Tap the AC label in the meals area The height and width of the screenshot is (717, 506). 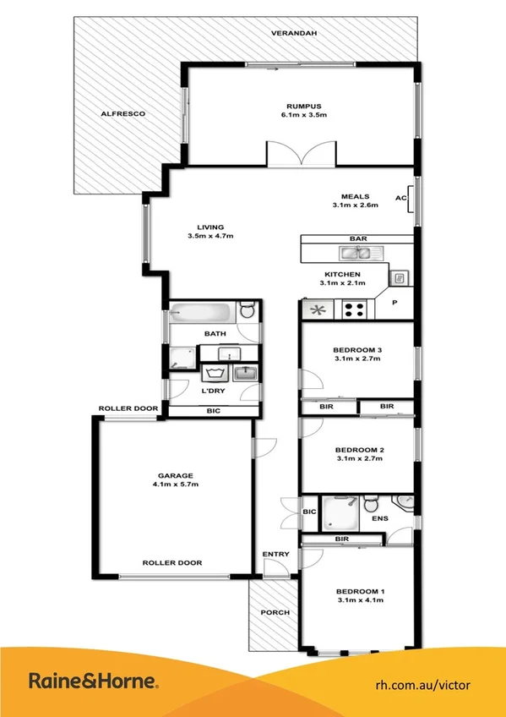point(400,198)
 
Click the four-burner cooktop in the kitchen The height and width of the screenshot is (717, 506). point(354,310)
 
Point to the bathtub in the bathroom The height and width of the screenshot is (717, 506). point(200,312)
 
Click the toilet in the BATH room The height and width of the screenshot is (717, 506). point(246,311)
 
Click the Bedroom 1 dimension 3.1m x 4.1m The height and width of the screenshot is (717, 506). point(359,599)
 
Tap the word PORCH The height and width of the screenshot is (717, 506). point(275,612)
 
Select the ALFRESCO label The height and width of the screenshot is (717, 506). point(123,113)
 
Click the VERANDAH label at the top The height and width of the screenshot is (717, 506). point(293,32)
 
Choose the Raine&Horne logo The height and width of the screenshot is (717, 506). point(93,681)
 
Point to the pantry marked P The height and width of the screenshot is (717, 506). point(393,302)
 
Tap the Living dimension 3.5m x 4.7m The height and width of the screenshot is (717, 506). point(210,236)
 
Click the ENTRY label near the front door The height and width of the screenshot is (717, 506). point(275,555)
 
